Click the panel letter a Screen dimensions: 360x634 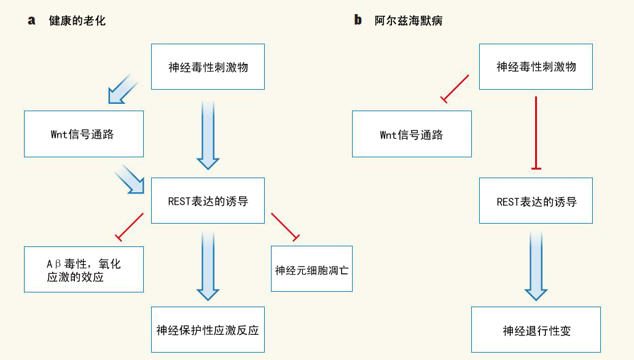(31, 20)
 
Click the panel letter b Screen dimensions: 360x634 (358, 20)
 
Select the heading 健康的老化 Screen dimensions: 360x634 (77, 21)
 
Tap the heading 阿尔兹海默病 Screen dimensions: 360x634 (409, 21)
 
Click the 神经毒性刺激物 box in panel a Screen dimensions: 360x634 (208, 67)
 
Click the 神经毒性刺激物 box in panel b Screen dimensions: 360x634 (536, 67)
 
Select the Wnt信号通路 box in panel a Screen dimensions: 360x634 (84, 134)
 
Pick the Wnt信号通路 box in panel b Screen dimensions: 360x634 (412, 134)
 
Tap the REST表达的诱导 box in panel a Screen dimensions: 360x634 (208, 201)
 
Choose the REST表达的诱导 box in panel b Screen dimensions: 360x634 (536, 201)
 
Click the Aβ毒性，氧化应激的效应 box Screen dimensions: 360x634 (84, 269)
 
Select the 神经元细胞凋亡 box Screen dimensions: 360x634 (311, 269)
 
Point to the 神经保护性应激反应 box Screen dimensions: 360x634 (208, 330)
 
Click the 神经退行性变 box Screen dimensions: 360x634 (536, 330)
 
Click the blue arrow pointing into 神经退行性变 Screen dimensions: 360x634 (536, 264)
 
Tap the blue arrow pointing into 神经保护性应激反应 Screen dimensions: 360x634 (208, 264)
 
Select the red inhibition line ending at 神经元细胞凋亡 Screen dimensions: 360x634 (284, 225)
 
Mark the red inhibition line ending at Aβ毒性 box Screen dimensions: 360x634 (130, 225)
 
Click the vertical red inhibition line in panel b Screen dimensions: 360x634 (536, 132)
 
